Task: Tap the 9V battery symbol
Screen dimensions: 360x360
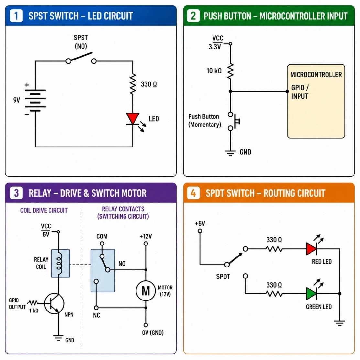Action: (x=35, y=100)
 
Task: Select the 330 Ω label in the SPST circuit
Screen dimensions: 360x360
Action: (x=149, y=84)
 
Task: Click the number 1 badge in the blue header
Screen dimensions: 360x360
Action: (x=16, y=16)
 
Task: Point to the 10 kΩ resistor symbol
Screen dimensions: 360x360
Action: (x=230, y=71)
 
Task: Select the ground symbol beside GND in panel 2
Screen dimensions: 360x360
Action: (x=230, y=153)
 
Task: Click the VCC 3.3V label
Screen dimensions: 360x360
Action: (x=216, y=42)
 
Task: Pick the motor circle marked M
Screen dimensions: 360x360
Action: (x=146, y=291)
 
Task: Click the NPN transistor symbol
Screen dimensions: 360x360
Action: (x=54, y=303)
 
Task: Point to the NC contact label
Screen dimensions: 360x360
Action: (x=96, y=315)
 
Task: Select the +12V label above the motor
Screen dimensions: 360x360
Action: (x=146, y=236)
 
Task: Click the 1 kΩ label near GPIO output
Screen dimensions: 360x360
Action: (x=34, y=311)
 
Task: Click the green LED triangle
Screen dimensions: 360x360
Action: (x=311, y=294)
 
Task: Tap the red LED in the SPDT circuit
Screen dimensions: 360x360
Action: (x=311, y=249)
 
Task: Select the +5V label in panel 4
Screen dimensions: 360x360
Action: (x=200, y=224)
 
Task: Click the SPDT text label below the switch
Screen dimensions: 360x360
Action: (x=223, y=277)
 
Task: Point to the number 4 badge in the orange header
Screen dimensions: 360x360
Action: (x=193, y=193)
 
